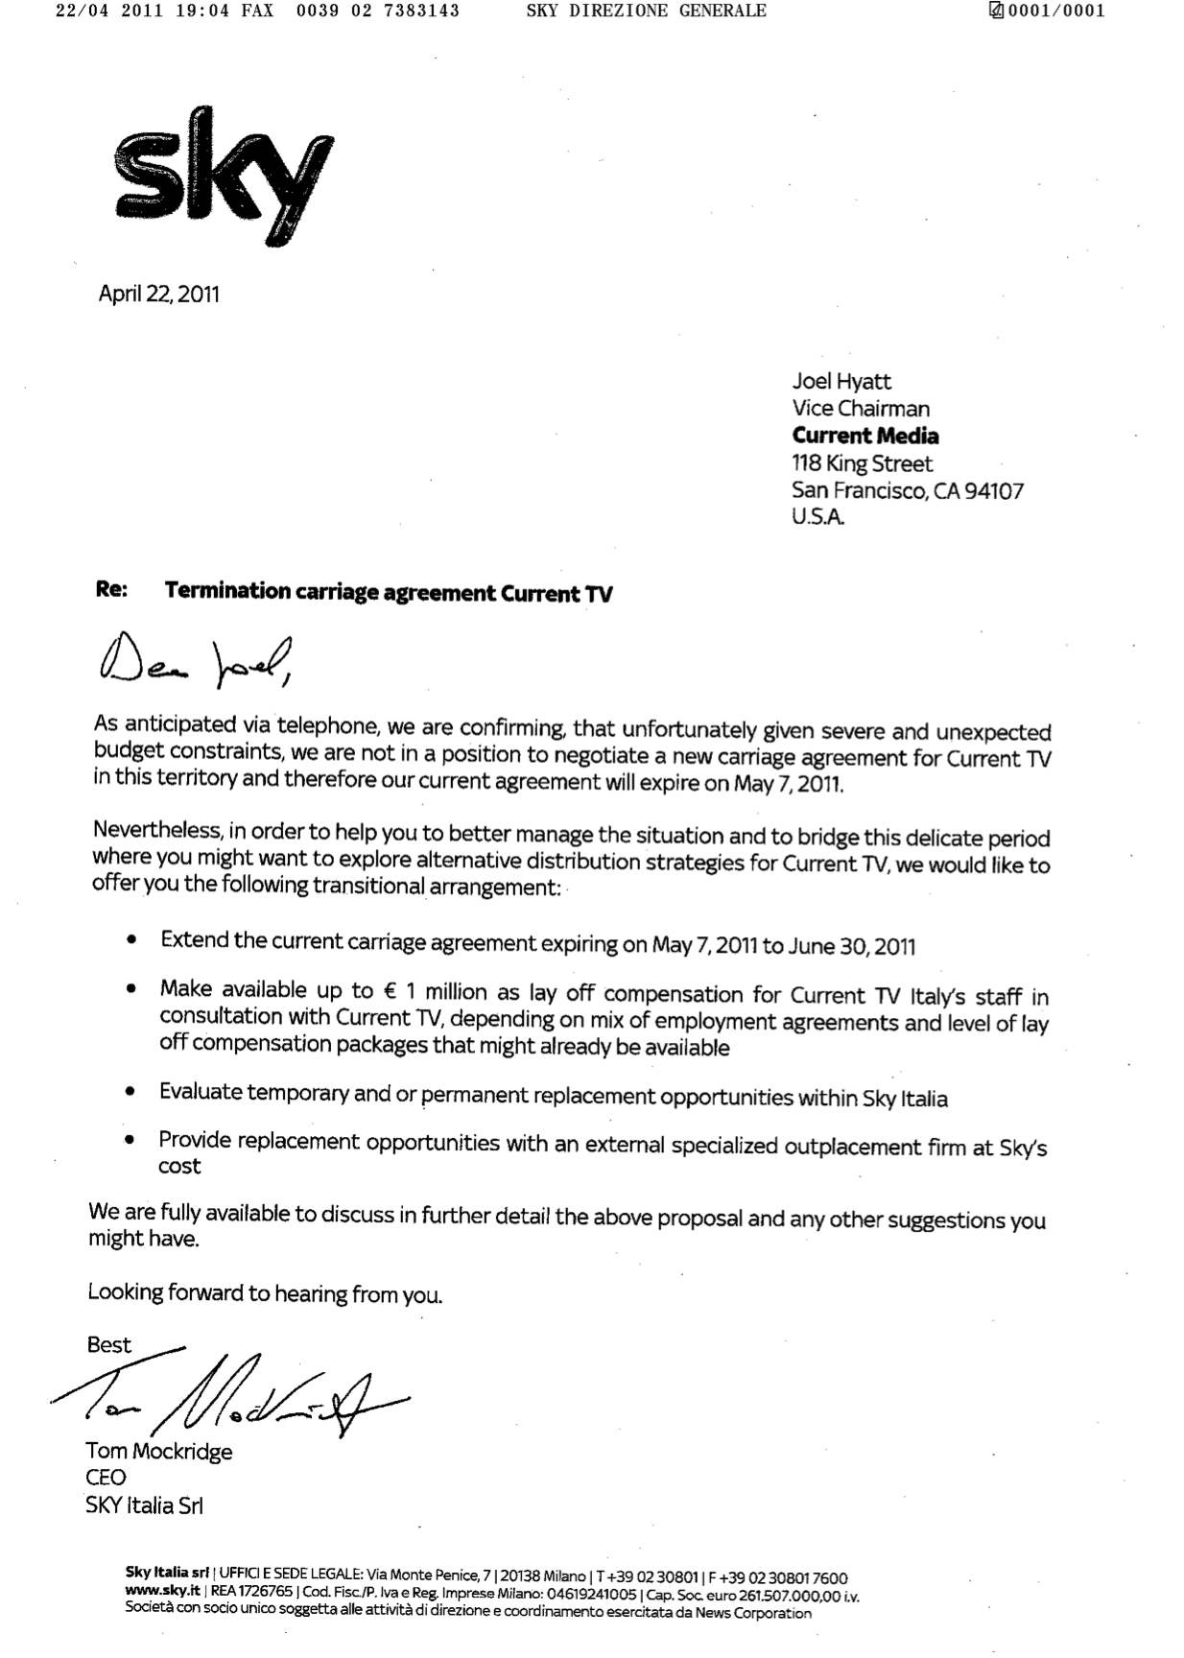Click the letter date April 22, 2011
(158, 294)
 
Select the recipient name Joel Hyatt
(841, 381)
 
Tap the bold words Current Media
(865, 436)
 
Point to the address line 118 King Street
(862, 463)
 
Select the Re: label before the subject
(111, 589)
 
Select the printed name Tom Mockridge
(158, 1451)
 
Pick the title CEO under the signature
(106, 1478)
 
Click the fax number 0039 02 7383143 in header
(378, 11)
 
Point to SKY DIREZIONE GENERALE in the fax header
(646, 11)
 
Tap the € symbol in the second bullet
(391, 991)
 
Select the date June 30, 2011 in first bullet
(851, 947)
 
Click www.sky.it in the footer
(161, 1592)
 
